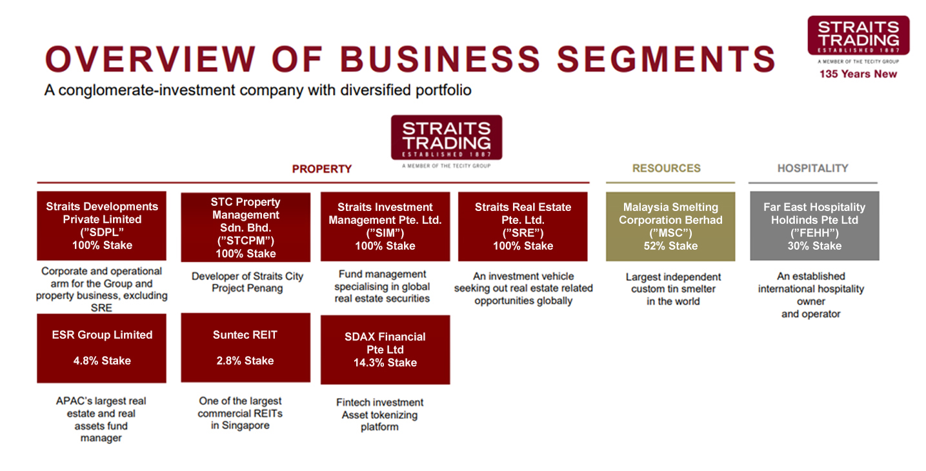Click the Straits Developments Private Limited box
pos(101,226)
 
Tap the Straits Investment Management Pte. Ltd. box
pos(385,226)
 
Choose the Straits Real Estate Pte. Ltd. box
pos(523,226)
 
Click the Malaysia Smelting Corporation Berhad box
pos(670,226)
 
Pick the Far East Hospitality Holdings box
pos(814,226)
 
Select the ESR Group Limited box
pos(101,348)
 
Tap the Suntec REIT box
pos(245,348)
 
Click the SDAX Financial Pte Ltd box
pos(385,350)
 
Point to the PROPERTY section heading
pos(321,169)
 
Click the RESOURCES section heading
pos(666,168)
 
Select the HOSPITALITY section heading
pos(812,168)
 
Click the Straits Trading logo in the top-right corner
pos(858,36)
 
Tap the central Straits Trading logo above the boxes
pos(446,137)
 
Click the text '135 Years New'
pos(858,74)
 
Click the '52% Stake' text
pos(670,246)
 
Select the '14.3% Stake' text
pos(385,363)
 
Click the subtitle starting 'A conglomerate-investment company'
pos(257,90)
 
